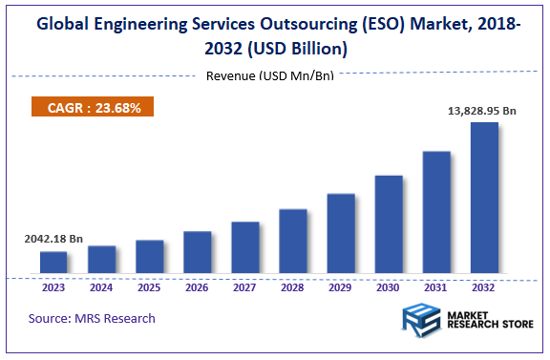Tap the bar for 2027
pos(245,248)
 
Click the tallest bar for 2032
pos(484,200)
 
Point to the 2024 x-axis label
pos(101,286)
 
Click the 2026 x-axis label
pos(197,286)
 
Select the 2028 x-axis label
pos(293,286)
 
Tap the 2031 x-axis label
pos(436,286)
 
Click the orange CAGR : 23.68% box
pos(93,108)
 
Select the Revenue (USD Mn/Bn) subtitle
pos(270,75)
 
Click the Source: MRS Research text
pos(92,318)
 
